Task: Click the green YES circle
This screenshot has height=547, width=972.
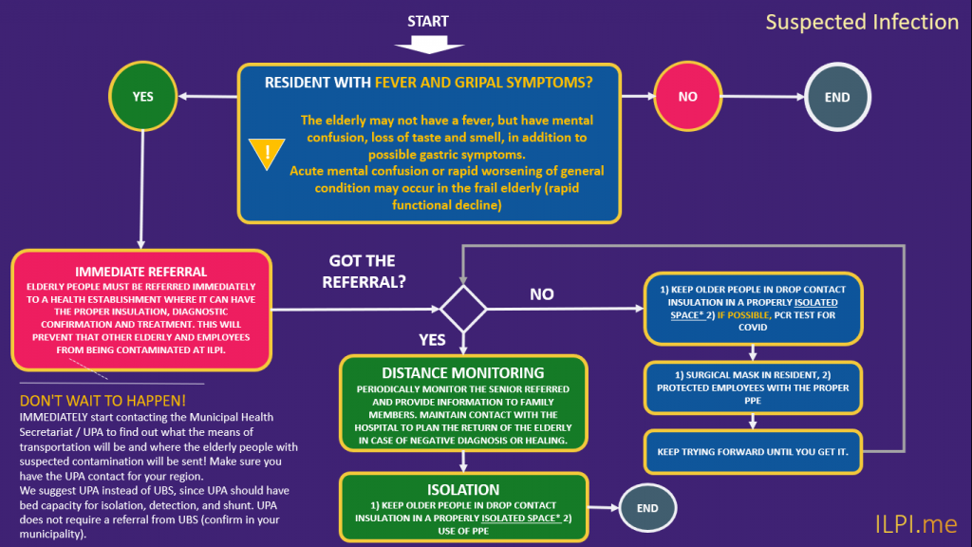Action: pos(142,96)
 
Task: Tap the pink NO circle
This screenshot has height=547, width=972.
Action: pos(687,96)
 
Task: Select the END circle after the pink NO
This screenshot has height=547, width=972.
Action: pos(837,97)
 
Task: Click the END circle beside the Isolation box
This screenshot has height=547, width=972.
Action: pos(647,508)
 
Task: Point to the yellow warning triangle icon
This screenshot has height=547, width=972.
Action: pos(267,153)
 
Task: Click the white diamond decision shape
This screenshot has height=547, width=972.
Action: pos(463,309)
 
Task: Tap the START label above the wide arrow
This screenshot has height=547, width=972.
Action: pos(428,21)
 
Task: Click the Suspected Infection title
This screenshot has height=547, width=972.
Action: pos(862,23)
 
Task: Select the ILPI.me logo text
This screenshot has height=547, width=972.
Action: pos(916,524)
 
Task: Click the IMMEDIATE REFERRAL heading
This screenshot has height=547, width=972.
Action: pos(141,272)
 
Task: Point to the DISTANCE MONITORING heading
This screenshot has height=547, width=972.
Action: pos(463,372)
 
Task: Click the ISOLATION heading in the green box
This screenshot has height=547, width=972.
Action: pos(463,489)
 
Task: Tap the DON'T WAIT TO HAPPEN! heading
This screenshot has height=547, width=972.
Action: pos(103,401)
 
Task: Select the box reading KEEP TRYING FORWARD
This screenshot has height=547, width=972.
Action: pos(753,451)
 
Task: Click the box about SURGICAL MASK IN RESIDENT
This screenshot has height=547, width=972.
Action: pos(753,387)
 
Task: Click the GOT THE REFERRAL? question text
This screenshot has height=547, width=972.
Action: pos(364,271)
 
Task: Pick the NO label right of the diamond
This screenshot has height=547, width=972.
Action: pos(542,294)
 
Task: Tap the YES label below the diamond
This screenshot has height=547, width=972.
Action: pos(432,340)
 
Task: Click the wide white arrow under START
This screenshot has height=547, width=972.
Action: pos(429,45)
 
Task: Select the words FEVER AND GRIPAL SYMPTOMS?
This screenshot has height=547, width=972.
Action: pos(483,83)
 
